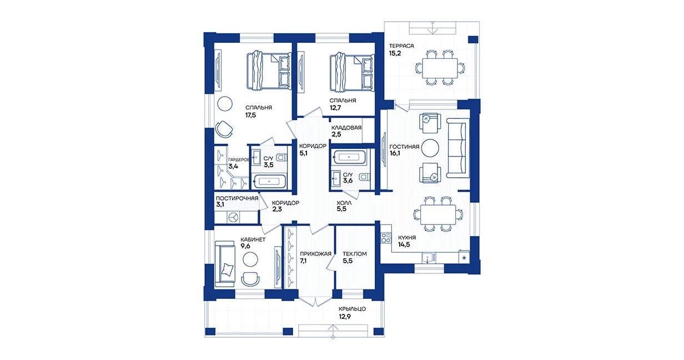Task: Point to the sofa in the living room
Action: point(457,148)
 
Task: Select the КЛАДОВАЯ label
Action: point(347,127)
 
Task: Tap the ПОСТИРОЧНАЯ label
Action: point(237,198)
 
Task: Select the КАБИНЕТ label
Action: point(253,240)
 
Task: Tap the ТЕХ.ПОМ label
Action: point(354,254)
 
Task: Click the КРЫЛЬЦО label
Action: point(352,309)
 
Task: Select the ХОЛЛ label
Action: point(344,203)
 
